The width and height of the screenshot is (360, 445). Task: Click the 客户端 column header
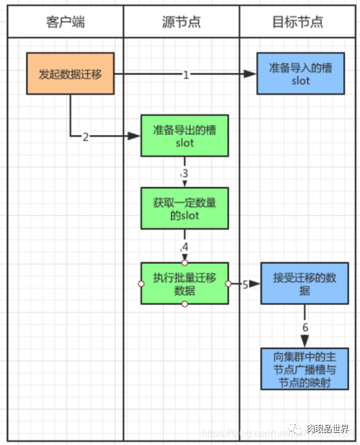pos(66,23)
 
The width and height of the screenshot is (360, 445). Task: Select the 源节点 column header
pos(181,23)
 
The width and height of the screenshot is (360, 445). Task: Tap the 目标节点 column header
pos(299,23)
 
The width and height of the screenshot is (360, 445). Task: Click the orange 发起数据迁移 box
pos(70,74)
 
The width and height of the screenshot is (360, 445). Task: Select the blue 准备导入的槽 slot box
pos(300,74)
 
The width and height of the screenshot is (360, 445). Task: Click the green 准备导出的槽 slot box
pos(185,136)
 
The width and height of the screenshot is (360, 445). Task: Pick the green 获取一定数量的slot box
pos(185,209)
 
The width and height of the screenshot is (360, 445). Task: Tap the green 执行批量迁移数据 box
pos(185,283)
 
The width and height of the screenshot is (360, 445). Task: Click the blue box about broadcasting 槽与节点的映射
pos(304,368)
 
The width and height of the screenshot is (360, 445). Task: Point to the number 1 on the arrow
pos(186,75)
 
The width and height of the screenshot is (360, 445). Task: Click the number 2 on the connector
pos(85,137)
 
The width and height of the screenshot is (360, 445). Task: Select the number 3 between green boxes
pos(185,173)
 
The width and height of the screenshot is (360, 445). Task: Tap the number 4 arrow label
pos(185,247)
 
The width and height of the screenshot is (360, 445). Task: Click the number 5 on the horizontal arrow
pos(245,284)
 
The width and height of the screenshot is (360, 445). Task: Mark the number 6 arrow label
pos(305,326)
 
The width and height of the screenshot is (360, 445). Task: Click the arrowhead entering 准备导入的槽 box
pos(251,75)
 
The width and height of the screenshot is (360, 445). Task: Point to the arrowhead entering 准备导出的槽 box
pos(134,136)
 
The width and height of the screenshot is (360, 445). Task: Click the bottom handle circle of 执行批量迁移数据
pos(185,304)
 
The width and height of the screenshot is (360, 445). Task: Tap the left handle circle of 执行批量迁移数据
pos(141,283)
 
